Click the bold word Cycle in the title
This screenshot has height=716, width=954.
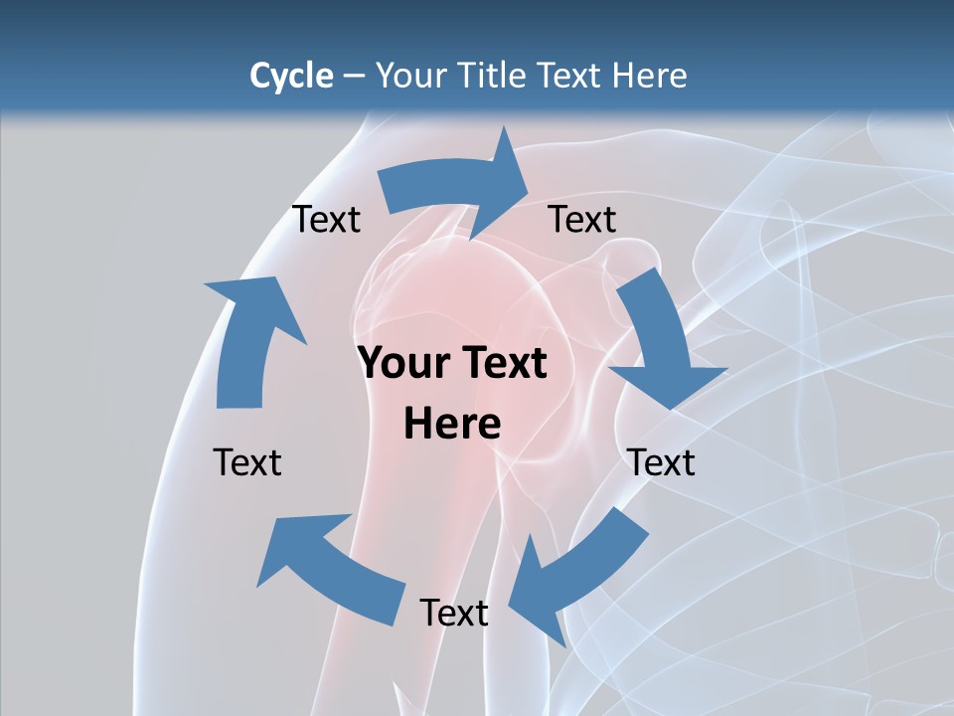291,76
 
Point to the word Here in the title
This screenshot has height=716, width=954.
650,76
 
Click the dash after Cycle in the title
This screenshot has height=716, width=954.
354,77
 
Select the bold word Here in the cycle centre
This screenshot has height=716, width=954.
452,425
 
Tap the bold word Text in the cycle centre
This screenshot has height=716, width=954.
502,364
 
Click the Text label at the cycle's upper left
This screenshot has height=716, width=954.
326,220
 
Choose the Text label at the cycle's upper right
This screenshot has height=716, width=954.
582,220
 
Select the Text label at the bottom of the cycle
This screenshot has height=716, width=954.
454,613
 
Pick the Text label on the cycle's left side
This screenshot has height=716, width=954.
247,462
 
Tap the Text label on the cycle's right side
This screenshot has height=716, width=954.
661,462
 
